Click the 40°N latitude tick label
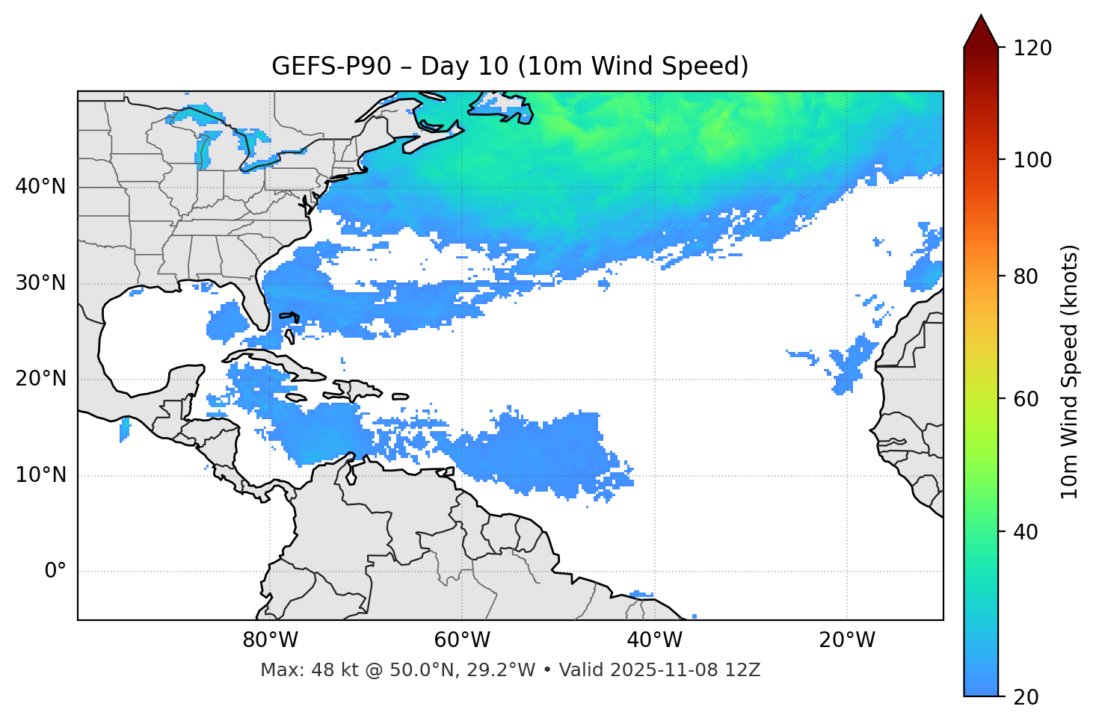point(40,187)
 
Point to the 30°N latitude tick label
point(40,283)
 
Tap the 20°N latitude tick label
point(40,379)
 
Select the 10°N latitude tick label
point(40,475)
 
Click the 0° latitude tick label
point(55,572)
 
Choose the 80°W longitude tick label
point(270,640)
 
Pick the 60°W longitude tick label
point(462,640)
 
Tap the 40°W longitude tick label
point(654,640)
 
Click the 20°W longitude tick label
point(847,640)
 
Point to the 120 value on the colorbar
point(1032,49)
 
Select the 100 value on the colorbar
point(1032,160)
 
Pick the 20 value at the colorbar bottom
point(1026,697)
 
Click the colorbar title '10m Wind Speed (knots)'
point(1070,372)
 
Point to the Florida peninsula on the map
point(257,303)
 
